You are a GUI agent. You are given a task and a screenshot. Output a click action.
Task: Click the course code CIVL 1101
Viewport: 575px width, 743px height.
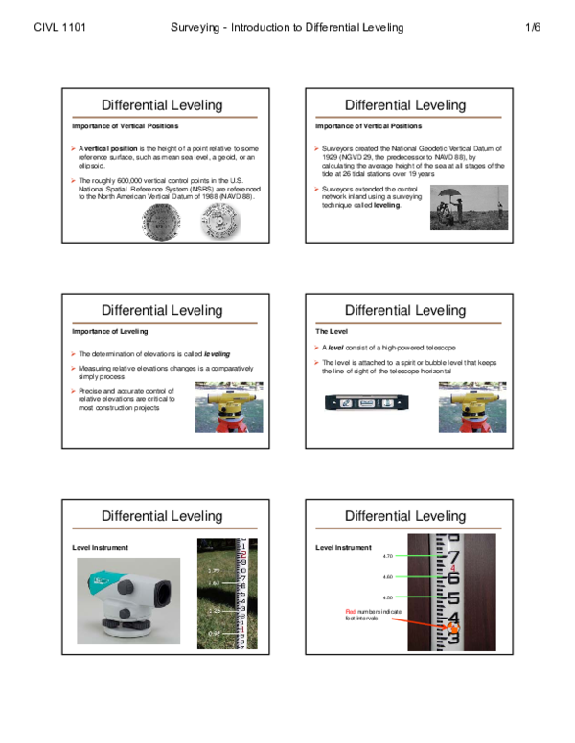coord(59,28)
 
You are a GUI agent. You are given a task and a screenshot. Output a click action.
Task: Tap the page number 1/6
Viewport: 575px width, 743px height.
coord(533,28)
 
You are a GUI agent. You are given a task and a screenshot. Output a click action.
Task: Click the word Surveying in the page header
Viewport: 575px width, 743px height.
coord(197,28)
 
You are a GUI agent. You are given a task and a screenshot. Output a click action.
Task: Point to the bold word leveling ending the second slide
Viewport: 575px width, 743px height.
coord(387,205)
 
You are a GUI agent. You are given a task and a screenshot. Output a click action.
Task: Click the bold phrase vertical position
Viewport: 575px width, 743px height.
coord(111,149)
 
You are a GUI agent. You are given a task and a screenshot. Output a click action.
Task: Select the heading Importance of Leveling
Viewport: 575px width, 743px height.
coord(110,331)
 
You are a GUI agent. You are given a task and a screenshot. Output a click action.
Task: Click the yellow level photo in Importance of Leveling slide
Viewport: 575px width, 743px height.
coord(228,407)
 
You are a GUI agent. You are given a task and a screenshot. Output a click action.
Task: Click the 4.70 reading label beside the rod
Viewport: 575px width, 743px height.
coord(388,556)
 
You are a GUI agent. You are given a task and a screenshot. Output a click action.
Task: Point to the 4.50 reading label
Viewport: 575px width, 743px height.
coord(388,597)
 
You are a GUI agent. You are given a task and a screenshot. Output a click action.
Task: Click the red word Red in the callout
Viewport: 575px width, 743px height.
coord(351,611)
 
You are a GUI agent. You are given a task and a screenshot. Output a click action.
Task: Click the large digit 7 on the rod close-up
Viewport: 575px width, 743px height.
coord(454,557)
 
